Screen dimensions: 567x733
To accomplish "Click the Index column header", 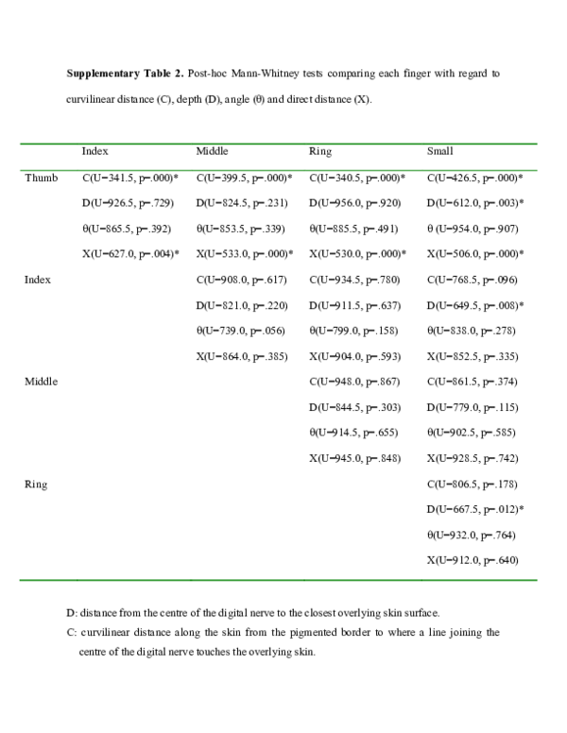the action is point(94,151).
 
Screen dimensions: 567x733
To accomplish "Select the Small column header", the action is point(440,151).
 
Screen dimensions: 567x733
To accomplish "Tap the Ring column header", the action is point(319,151).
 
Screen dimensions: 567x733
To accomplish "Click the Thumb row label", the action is point(42,178).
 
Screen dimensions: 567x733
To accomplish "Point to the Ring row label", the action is point(36,484).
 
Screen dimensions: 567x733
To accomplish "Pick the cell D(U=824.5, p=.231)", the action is point(241,203).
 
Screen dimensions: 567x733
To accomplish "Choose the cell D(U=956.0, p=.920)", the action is point(354,203).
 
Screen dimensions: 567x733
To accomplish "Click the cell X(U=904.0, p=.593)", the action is point(354,356).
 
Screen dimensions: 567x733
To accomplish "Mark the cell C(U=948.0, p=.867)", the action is point(354,382).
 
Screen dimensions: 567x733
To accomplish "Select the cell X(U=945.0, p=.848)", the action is point(354,458).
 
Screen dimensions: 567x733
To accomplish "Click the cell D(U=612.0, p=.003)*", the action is point(475,203).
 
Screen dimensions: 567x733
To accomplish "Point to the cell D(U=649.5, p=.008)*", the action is point(475,305).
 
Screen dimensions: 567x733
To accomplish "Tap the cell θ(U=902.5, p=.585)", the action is point(472,433).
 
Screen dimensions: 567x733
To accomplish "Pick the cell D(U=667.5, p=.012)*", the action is point(475,509).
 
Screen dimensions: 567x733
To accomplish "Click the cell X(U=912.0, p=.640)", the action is point(472,560).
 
